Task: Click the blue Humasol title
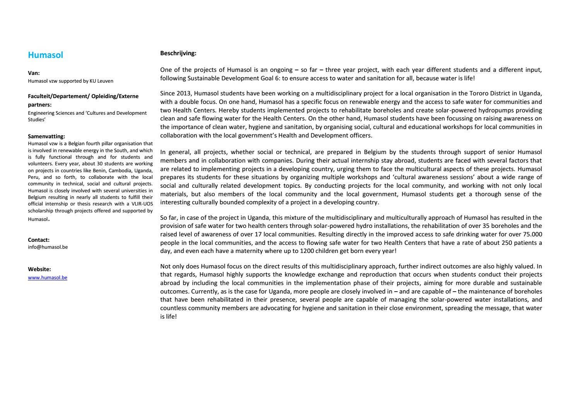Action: (x=45, y=55)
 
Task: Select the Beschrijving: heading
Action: (x=178, y=53)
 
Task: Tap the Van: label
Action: (x=34, y=73)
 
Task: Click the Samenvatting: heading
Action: (x=46, y=136)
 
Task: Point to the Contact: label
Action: (x=39, y=239)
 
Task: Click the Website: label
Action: (x=39, y=269)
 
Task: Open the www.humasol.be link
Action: (x=48, y=277)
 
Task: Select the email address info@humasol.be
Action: (x=48, y=247)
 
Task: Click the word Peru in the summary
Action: (x=33, y=177)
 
